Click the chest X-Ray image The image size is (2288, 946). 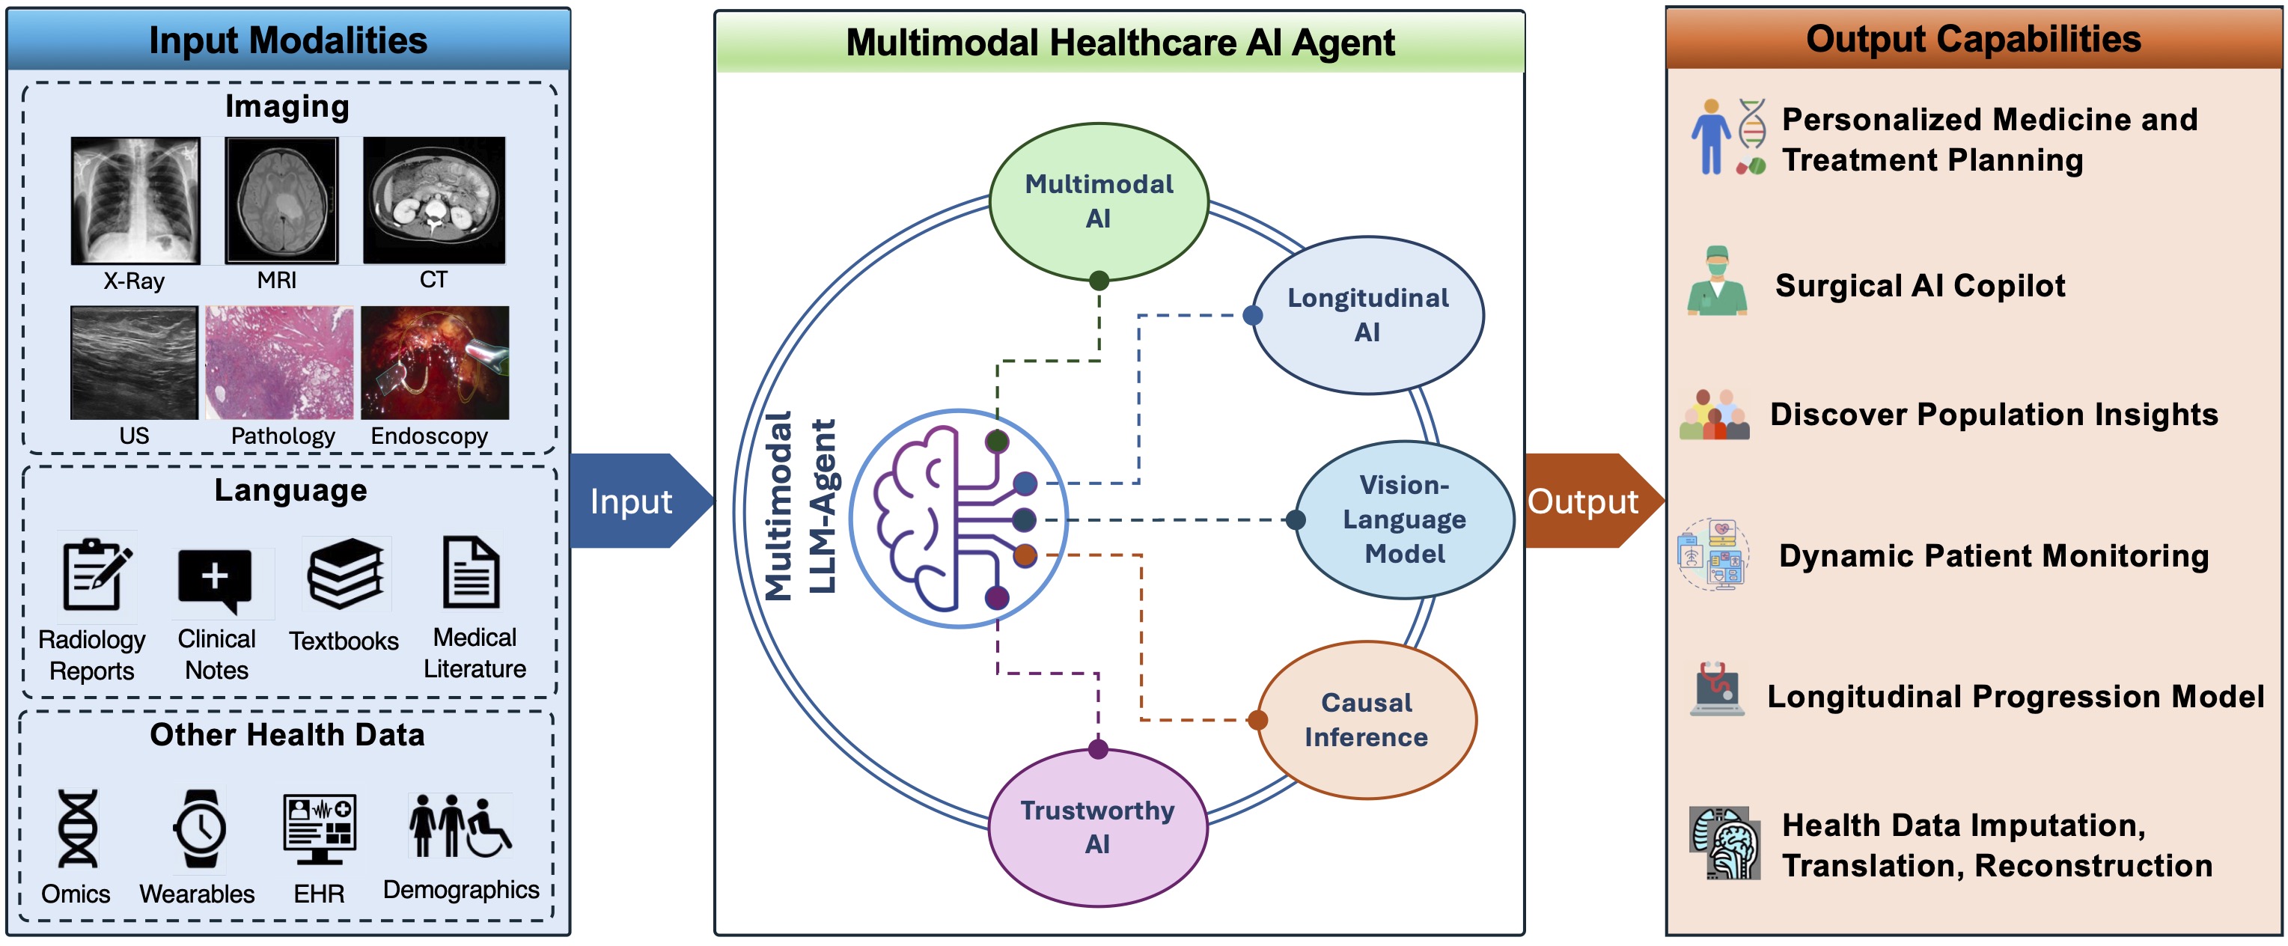135,200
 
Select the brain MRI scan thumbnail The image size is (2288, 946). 281,200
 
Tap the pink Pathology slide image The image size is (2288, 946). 279,362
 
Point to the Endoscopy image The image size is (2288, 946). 434,362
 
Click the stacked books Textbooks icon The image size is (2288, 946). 346,574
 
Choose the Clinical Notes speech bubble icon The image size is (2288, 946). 215,579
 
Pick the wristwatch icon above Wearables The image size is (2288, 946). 200,828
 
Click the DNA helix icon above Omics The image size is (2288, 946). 78,828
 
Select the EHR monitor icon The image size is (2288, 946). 320,828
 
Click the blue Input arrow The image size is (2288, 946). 635,501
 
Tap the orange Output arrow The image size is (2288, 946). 1585,501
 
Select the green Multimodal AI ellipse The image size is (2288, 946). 1099,201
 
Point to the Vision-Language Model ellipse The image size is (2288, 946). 1404,519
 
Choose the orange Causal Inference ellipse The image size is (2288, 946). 1366,719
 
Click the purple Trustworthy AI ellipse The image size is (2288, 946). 1098,827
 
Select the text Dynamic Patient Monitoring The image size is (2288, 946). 1993,556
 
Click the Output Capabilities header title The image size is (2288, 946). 1973,39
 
